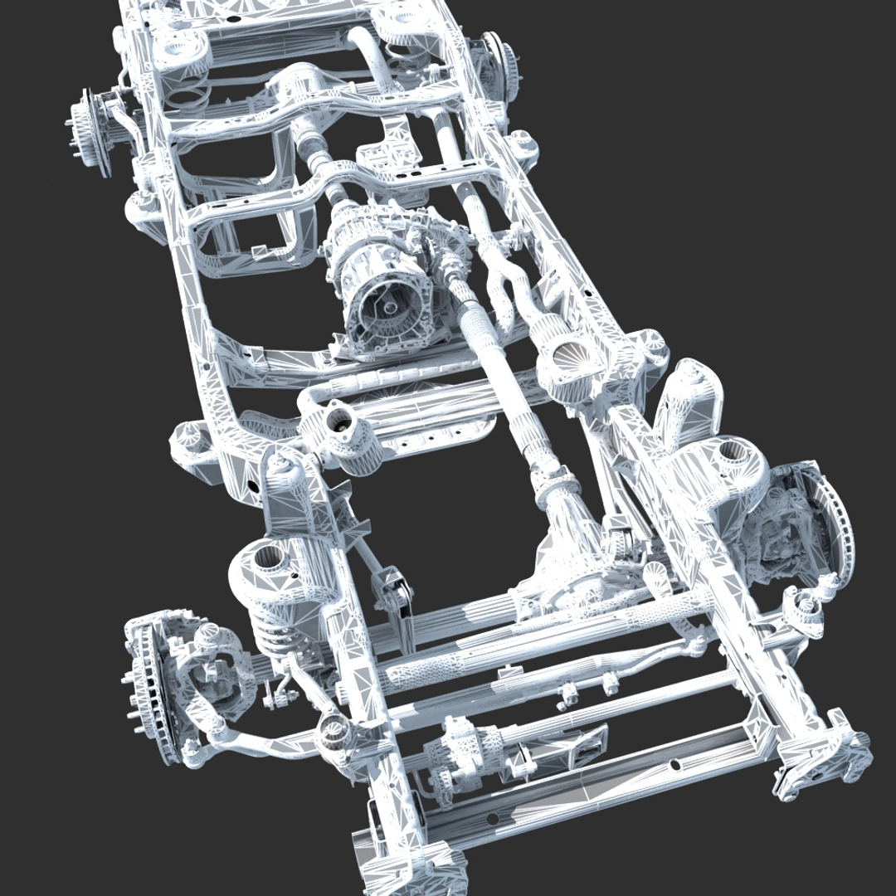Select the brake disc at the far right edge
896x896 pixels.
pyautogui.click(x=830, y=523)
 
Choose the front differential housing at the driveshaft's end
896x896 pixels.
pyautogui.click(x=572, y=564)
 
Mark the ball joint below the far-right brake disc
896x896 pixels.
pyautogui.click(x=805, y=610)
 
